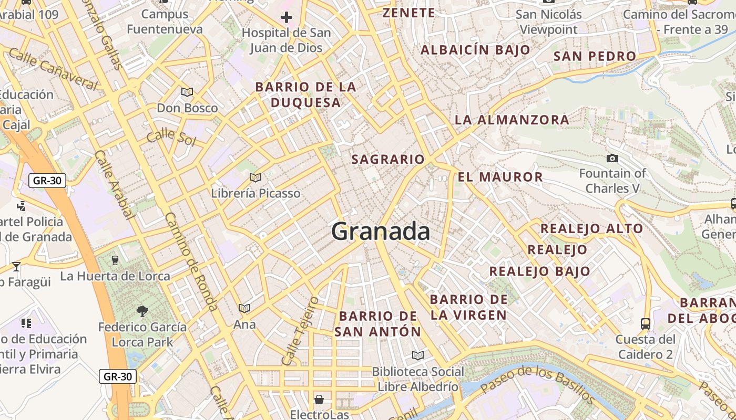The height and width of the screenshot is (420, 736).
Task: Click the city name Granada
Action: coord(381,232)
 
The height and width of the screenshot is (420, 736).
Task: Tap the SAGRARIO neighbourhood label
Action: coord(387,159)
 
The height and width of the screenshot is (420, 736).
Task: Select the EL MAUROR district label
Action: coord(500,177)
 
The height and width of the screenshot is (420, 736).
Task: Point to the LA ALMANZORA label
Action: coord(512,120)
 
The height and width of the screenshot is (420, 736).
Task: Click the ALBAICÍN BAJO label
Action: coord(475,50)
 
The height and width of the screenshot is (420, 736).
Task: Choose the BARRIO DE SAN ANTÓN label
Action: coord(378,324)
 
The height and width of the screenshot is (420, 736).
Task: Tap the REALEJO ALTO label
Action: coord(591,228)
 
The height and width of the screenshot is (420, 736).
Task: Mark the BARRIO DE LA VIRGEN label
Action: coord(468,307)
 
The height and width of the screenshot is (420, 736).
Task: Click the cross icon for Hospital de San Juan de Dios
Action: coord(286,18)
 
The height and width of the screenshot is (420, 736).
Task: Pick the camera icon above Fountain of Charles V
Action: coord(612,158)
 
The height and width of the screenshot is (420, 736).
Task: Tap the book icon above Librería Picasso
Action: coord(255,178)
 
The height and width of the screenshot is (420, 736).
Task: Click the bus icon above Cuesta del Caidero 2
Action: coord(645,323)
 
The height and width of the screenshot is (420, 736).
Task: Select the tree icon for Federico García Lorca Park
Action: coord(142,311)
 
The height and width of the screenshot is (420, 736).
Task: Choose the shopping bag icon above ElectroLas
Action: coord(319,400)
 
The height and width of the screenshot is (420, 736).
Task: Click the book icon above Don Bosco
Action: coord(187,92)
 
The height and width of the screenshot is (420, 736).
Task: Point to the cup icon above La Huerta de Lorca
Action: coord(115,260)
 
